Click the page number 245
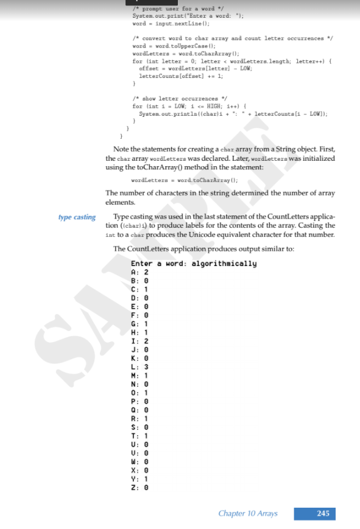pyautogui.click(x=323, y=513)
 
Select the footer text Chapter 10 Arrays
pyautogui.click(x=247, y=513)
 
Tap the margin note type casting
pyautogui.click(x=77, y=217)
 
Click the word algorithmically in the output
pyautogui.click(x=224, y=264)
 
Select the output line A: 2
pyautogui.click(x=139, y=272)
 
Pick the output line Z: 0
pyautogui.click(x=139, y=488)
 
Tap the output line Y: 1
pyautogui.click(x=139, y=479)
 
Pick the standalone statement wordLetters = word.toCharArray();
pyautogui.click(x=184, y=180)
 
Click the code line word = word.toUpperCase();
pyautogui.click(x=172, y=46)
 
